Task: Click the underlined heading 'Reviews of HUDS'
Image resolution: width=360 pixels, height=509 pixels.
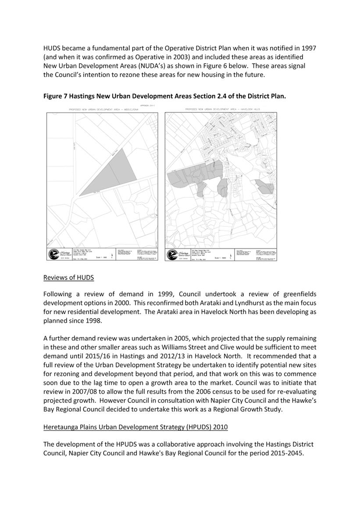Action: pyautogui.click(x=68, y=277)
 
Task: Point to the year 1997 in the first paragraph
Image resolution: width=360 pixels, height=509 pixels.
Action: pyautogui.click(x=307, y=47)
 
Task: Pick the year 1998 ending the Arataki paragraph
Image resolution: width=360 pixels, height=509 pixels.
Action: pyautogui.click(x=93, y=320)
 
